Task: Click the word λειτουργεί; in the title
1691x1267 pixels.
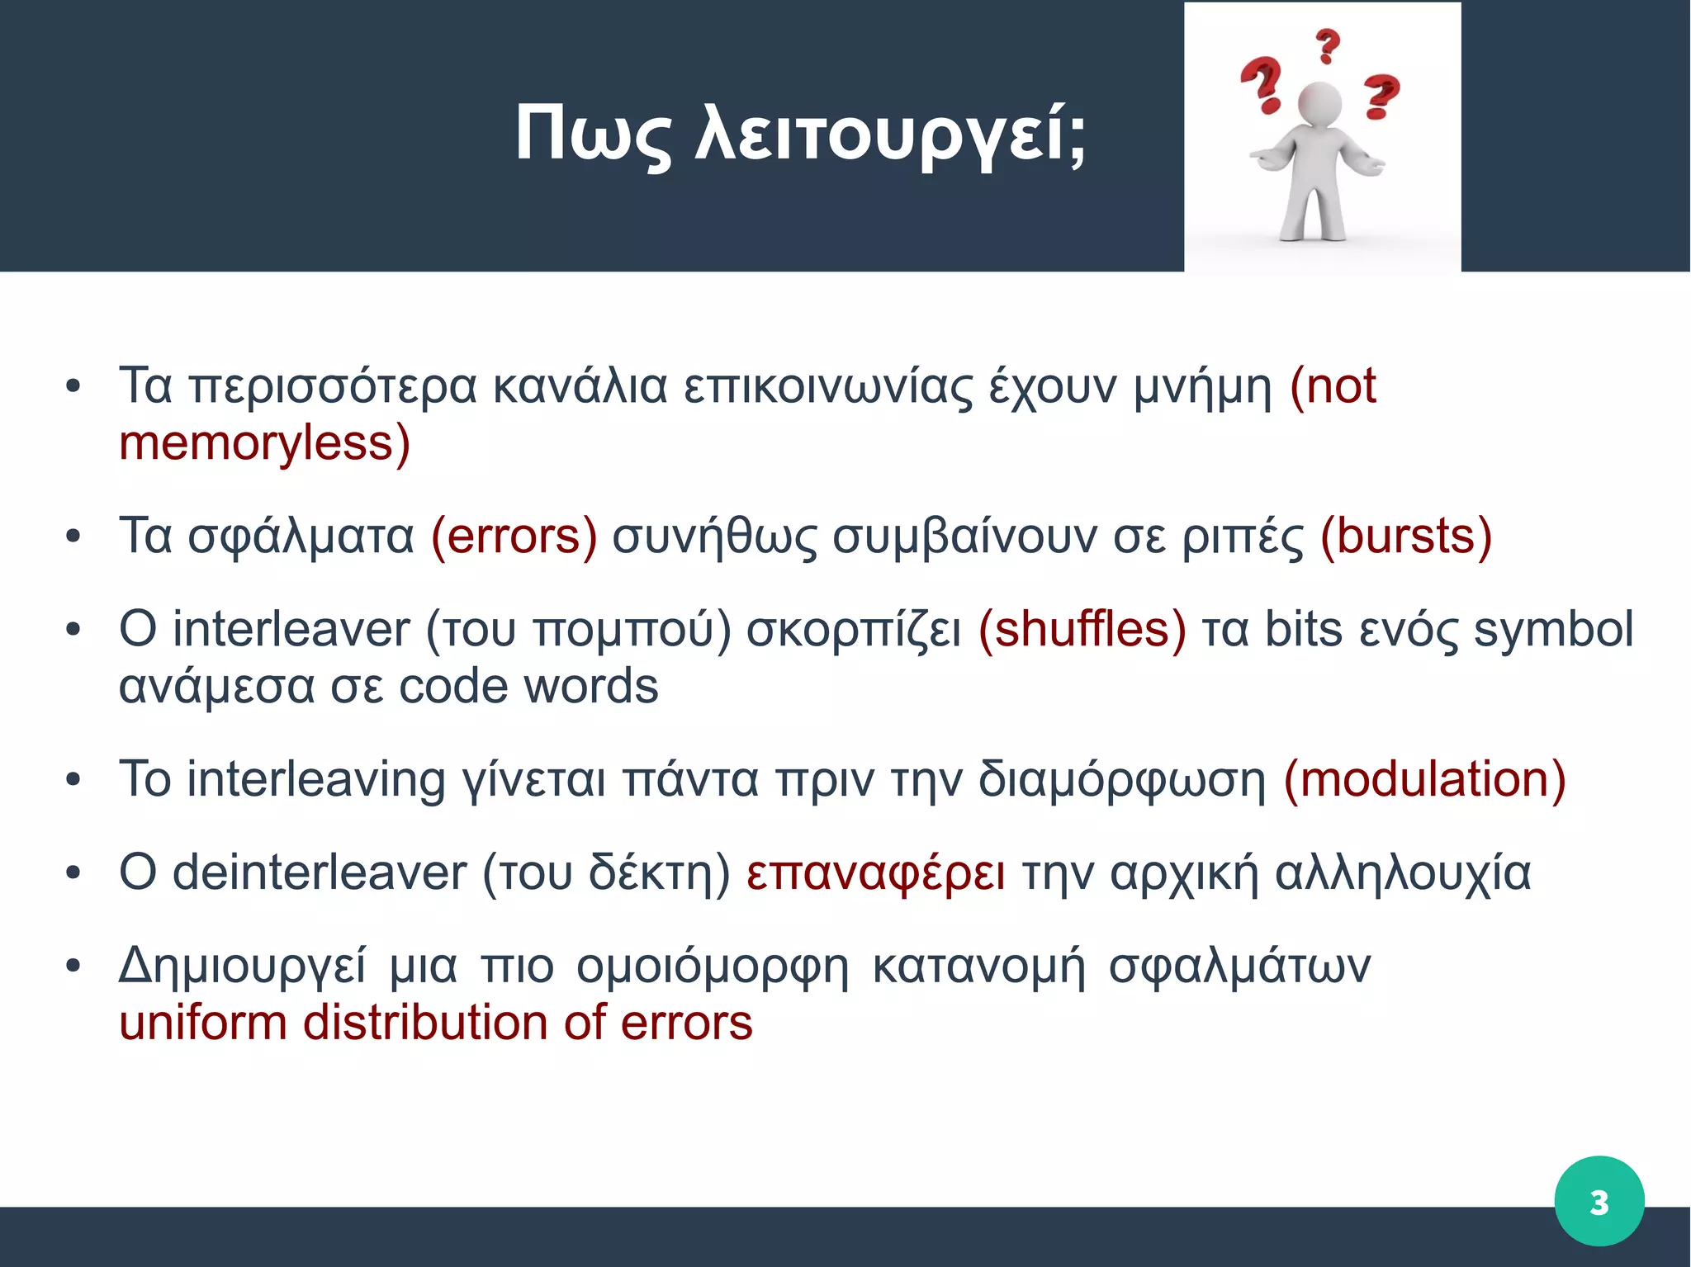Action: [x=892, y=135]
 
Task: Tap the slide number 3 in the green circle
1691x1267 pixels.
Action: [x=1599, y=1202]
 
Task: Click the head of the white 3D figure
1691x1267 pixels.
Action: [x=1319, y=103]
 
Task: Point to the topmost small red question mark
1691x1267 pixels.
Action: [x=1327, y=45]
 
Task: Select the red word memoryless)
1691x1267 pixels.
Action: [x=264, y=443]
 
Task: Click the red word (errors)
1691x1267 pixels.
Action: [x=514, y=537]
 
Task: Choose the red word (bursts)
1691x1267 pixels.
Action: [x=1405, y=537]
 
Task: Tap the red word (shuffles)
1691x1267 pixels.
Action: [x=1082, y=629]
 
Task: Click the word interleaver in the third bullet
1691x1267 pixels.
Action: [x=291, y=629]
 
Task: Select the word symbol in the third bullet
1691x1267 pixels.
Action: [x=1553, y=629]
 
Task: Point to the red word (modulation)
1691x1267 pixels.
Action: [x=1424, y=779]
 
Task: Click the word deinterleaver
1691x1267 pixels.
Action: [x=320, y=872]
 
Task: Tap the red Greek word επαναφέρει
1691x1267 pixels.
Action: [x=875, y=874]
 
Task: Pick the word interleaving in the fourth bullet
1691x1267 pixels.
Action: [x=316, y=779]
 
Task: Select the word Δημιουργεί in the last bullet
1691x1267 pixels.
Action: [x=242, y=966]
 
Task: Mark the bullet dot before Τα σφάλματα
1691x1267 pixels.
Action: [x=73, y=537]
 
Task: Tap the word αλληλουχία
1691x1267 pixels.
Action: [x=1402, y=872]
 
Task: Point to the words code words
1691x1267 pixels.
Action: [x=528, y=687]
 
